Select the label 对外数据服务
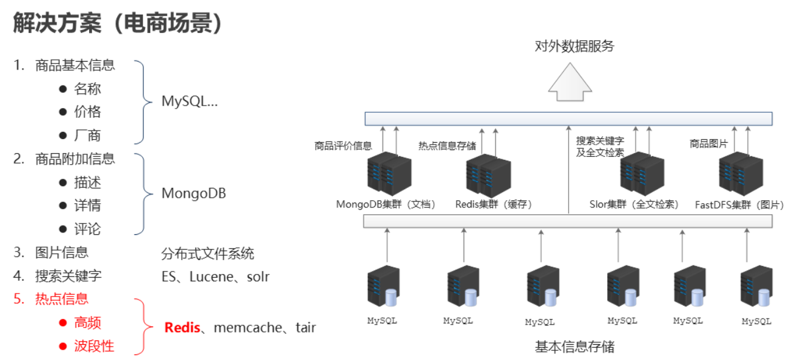click(x=574, y=46)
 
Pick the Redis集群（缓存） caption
click(x=494, y=204)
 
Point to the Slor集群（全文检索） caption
click(x=634, y=204)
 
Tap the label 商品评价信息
click(x=343, y=146)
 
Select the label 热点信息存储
click(x=447, y=146)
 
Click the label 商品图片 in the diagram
click(x=709, y=144)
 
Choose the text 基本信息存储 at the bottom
click(x=574, y=347)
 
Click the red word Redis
click(x=182, y=328)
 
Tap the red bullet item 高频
click(x=87, y=323)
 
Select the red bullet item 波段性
click(x=94, y=346)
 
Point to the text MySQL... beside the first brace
click(x=189, y=101)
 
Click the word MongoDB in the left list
click(x=193, y=193)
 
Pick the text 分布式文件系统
click(x=207, y=253)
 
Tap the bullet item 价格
click(x=87, y=112)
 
